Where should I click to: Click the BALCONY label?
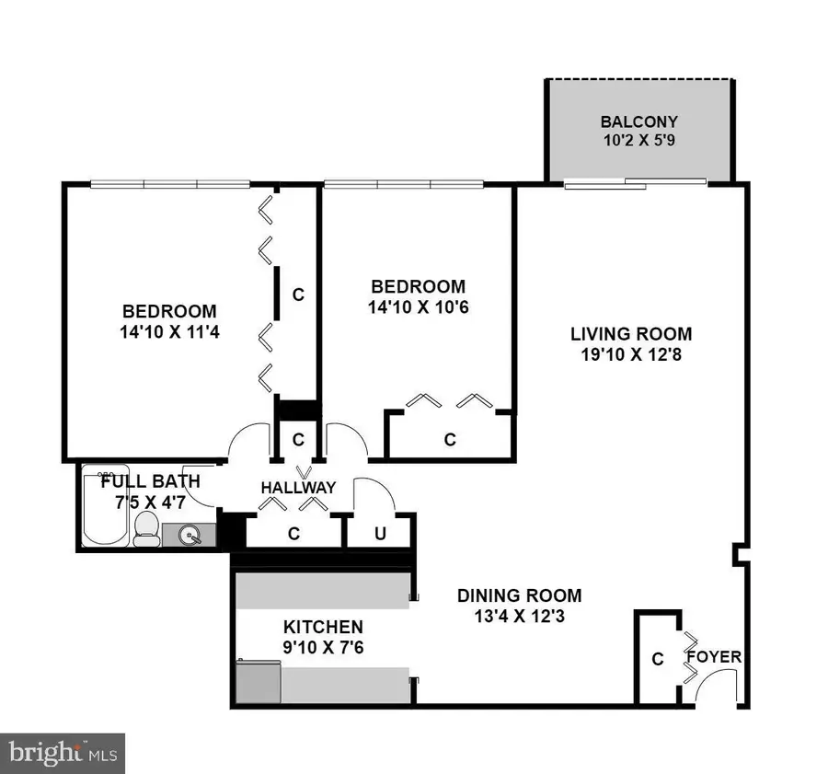(x=638, y=121)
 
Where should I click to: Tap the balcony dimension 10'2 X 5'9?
(x=638, y=142)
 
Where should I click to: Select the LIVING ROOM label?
(x=630, y=334)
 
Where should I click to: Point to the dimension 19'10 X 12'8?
(x=630, y=354)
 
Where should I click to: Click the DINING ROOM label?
(x=519, y=595)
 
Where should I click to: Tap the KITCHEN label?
(x=322, y=628)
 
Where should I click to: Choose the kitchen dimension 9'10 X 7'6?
(x=322, y=648)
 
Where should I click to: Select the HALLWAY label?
(x=297, y=487)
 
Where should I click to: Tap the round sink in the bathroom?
(x=190, y=534)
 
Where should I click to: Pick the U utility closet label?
(x=378, y=532)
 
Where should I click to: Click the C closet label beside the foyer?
(x=657, y=659)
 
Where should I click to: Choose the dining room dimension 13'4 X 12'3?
(x=519, y=617)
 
